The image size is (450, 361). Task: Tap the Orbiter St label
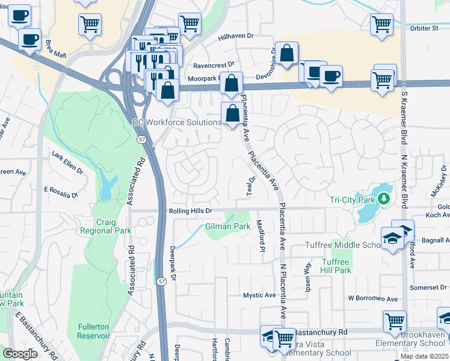coord(427,28)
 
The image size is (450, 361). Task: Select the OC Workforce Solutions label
coord(176,122)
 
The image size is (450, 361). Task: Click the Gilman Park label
coord(227,227)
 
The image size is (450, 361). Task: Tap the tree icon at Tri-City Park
coord(383,199)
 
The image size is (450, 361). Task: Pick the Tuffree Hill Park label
coord(336,266)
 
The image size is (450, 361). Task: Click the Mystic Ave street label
coord(259,295)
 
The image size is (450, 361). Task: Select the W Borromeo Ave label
coord(372,299)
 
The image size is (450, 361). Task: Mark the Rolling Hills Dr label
coord(190,211)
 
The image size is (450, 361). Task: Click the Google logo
coord(20,354)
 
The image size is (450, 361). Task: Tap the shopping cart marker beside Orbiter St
coord(382,25)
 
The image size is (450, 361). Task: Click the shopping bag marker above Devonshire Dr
coord(288,53)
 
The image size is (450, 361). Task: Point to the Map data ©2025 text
coord(424,356)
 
